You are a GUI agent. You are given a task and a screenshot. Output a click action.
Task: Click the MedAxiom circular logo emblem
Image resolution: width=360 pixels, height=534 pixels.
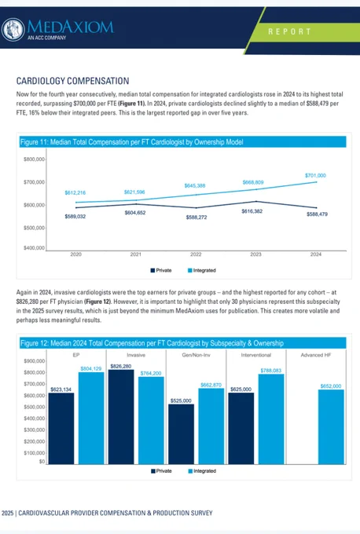[13, 29]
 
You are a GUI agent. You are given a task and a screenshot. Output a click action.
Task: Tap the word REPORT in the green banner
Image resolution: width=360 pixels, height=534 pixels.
[289, 31]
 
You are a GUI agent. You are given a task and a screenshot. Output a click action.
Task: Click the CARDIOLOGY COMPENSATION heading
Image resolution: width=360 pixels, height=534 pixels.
[72, 81]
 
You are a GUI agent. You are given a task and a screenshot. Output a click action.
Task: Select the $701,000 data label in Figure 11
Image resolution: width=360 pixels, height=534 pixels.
[315, 175]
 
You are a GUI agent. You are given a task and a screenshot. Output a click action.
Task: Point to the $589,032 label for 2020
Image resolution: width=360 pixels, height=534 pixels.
[75, 216]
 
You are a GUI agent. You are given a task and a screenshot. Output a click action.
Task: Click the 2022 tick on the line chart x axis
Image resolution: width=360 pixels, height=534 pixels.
[196, 254]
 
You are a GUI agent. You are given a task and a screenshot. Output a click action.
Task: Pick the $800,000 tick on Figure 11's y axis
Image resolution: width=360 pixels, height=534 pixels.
[34, 159]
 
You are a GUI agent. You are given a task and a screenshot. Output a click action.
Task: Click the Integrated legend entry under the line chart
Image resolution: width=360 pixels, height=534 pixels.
[202, 270]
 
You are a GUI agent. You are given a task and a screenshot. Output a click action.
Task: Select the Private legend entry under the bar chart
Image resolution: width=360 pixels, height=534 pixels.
[161, 471]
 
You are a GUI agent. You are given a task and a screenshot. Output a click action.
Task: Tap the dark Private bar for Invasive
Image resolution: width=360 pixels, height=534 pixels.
[121, 417]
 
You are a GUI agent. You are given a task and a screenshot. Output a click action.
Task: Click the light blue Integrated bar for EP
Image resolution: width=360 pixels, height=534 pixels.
[91, 419]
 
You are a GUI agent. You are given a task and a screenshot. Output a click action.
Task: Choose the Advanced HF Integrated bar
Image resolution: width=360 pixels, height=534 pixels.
[331, 426]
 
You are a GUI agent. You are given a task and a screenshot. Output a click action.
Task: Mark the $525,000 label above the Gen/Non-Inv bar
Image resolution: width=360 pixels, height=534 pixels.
[181, 400]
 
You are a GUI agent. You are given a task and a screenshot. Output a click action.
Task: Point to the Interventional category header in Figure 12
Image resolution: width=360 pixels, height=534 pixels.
[256, 355]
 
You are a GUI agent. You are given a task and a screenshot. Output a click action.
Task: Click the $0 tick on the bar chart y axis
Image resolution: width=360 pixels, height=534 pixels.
[42, 462]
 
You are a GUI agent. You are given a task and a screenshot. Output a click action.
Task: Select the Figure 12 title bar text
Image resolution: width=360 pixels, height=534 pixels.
[152, 343]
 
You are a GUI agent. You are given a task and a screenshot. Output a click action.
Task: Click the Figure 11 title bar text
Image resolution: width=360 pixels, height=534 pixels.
[131, 142]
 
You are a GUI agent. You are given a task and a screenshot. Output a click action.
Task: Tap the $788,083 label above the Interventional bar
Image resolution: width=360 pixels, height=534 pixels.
[271, 370]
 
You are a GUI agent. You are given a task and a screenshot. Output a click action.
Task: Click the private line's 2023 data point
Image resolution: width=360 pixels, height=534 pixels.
[256, 201]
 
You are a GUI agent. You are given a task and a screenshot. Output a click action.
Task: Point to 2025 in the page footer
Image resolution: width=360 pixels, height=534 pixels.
[8, 513]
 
